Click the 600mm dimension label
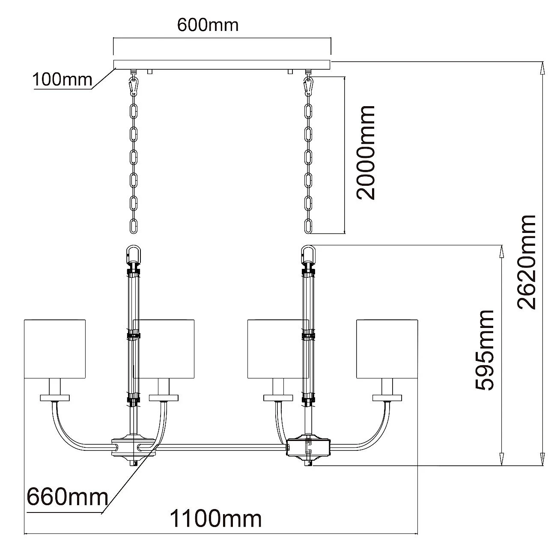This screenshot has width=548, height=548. click(208, 25)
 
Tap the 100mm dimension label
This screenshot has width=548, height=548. click(63, 79)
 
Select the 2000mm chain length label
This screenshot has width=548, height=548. click(366, 152)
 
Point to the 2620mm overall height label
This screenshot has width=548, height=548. click(526, 262)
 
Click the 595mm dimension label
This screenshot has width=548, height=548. click(485, 351)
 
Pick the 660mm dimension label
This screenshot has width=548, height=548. click(67, 497)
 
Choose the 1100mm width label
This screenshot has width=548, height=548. click(216, 519)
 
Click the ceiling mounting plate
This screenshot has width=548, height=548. click(222, 64)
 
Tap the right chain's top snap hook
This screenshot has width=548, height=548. click(308, 86)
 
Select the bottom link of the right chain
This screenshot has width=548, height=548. click(308, 226)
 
